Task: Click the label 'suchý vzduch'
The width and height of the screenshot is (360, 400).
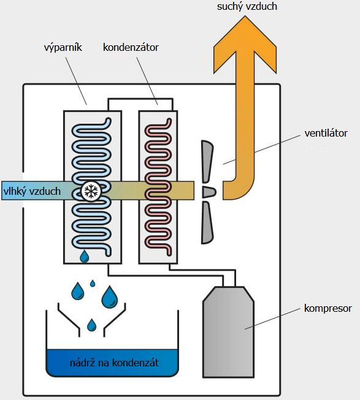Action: click(247, 6)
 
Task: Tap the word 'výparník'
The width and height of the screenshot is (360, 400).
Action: click(63, 47)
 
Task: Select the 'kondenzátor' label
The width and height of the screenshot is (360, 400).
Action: click(131, 47)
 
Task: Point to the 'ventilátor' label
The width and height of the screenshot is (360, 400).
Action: click(326, 133)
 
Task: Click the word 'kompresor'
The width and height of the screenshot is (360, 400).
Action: click(328, 309)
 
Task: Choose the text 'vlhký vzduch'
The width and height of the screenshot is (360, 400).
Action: click(32, 191)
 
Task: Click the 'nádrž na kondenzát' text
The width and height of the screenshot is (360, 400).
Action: click(115, 363)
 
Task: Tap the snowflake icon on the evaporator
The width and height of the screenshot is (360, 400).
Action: click(91, 191)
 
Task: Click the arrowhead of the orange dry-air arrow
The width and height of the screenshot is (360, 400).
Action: click(245, 45)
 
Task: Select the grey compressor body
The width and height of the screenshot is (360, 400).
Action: click(228, 332)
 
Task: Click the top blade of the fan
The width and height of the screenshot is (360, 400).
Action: click(207, 161)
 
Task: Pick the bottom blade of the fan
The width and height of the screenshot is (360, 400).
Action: click(207, 222)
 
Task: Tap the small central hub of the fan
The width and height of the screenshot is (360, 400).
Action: click(209, 192)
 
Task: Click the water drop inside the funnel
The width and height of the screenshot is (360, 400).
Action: click(91, 325)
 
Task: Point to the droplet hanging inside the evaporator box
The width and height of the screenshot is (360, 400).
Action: click(84, 257)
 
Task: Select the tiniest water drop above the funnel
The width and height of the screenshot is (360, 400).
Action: click(93, 283)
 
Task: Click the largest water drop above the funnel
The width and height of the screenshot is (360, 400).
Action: click(110, 297)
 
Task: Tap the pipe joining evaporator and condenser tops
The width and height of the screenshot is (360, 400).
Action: click(140, 99)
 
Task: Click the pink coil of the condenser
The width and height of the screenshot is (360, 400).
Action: click(158, 187)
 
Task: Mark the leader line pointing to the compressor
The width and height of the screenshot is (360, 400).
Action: click(272, 319)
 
